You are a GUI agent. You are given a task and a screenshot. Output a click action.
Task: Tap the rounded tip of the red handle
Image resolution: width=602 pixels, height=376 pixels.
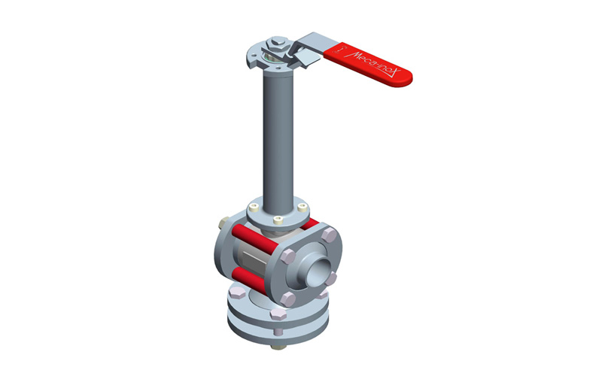408,79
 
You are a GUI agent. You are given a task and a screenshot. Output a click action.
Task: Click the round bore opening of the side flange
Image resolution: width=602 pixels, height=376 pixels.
319,271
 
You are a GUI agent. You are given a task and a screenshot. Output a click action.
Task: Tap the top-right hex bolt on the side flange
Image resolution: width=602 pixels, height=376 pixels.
329,234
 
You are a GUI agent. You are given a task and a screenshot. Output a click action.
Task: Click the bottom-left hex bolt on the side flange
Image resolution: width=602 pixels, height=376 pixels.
287,299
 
